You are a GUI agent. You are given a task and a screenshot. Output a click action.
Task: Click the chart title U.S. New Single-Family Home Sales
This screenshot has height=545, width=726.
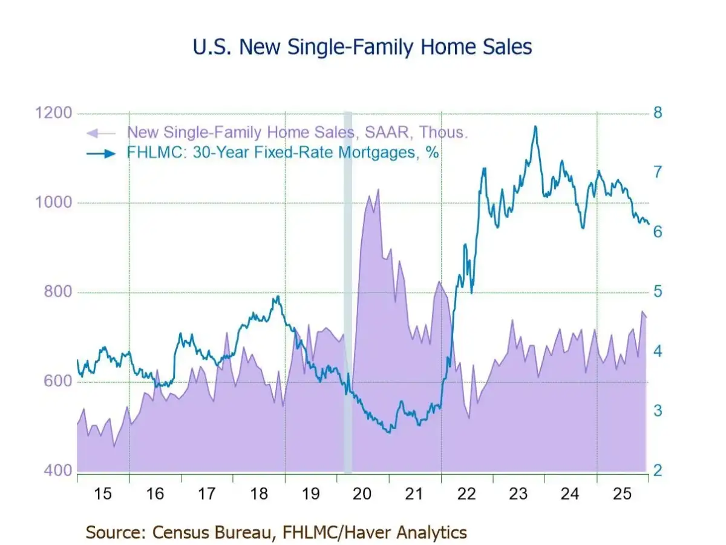[x=362, y=47]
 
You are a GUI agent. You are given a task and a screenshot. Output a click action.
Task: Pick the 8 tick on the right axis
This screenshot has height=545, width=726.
[x=658, y=113]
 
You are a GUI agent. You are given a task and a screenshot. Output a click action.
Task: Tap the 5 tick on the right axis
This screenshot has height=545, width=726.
[x=657, y=292]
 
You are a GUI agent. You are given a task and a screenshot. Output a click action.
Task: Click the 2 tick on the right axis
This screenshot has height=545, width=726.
[x=658, y=471]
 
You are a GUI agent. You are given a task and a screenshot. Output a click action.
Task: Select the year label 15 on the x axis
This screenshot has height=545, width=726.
[x=103, y=494]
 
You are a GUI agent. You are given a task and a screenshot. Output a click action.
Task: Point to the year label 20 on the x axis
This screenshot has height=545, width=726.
[x=362, y=494]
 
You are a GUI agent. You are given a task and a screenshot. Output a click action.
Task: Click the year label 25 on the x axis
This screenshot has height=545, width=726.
[x=622, y=494]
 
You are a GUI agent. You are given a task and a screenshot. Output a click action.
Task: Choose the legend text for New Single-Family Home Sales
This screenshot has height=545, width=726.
[x=297, y=133]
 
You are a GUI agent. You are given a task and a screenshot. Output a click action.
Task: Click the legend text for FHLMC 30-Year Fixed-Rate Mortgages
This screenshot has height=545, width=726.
[x=283, y=153]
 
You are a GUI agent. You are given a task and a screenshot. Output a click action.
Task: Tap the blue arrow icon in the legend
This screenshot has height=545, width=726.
[x=102, y=153]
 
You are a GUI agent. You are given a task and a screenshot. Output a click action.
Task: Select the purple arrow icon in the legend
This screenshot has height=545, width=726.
[x=101, y=133]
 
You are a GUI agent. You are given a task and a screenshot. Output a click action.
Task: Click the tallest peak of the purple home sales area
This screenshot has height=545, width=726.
[x=378, y=190]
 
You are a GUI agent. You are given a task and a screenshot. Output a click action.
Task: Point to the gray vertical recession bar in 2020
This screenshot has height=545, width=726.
[x=348, y=291]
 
